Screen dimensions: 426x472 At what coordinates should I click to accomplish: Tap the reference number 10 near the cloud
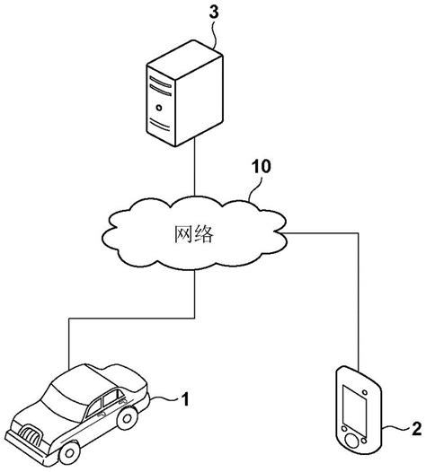click(262, 166)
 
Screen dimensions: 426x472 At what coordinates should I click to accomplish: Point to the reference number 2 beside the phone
click(416, 428)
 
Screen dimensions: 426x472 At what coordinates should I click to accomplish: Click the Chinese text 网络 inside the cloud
click(194, 234)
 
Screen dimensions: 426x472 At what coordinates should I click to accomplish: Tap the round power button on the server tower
click(159, 108)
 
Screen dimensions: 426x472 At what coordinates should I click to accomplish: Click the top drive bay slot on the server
click(160, 82)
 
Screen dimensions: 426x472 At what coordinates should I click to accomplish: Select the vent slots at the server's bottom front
click(159, 125)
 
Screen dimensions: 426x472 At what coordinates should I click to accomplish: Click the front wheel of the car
click(69, 452)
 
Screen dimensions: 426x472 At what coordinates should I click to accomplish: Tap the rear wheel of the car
click(128, 418)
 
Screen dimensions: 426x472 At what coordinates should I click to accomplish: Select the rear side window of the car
click(111, 398)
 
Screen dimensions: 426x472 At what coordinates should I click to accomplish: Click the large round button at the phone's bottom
click(352, 441)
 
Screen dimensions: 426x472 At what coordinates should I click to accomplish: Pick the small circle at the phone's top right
click(365, 392)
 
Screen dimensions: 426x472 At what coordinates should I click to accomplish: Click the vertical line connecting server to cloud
click(194, 167)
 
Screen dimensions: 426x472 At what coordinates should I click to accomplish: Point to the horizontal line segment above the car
click(131, 318)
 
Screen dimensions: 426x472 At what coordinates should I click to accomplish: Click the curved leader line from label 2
click(395, 428)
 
